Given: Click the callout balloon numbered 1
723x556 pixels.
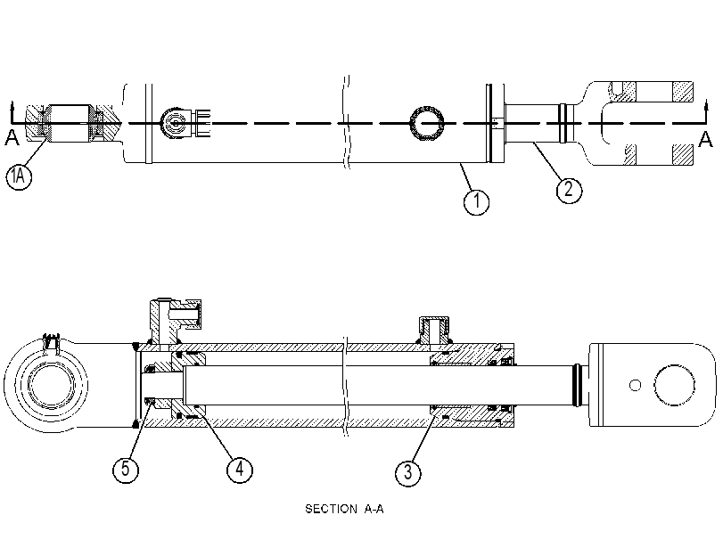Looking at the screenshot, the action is pyautogui.click(x=476, y=201).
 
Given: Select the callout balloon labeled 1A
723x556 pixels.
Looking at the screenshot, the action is pyautogui.click(x=19, y=176).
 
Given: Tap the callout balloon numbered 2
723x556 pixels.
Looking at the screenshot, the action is pyautogui.click(x=569, y=190).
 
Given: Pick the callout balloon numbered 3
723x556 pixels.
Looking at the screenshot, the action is pyautogui.click(x=408, y=472).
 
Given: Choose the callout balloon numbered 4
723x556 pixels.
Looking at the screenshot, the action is pyautogui.click(x=240, y=470).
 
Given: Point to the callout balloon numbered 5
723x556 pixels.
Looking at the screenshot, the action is pyautogui.click(x=126, y=470).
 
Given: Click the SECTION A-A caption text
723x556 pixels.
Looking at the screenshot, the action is pyautogui.click(x=344, y=509).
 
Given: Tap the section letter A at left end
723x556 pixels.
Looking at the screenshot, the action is pyautogui.click(x=12, y=137).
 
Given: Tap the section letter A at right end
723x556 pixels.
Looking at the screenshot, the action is pyautogui.click(x=705, y=139).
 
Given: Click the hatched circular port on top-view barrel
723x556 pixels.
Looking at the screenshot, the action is pyautogui.click(x=427, y=124).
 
